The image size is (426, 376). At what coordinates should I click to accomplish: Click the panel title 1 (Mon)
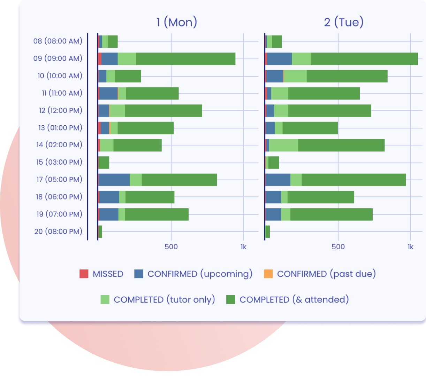(177, 22)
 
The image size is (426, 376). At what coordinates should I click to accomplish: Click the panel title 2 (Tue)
(344, 22)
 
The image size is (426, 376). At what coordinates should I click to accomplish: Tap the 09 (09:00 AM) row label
(58, 58)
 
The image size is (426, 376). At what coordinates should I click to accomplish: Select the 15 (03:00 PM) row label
(59, 162)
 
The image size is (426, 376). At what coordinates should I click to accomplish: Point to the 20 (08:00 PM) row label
(58, 231)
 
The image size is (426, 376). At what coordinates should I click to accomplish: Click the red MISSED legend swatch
(84, 274)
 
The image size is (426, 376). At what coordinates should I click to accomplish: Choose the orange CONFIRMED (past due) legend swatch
(268, 274)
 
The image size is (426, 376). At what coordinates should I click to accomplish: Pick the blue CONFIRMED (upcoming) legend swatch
(139, 274)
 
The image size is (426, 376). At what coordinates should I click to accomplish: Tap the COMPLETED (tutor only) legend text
(164, 300)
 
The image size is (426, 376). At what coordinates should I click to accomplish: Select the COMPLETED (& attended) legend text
(294, 300)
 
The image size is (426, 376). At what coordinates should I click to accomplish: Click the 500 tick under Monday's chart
(171, 247)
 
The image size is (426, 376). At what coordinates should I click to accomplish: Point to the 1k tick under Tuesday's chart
(410, 247)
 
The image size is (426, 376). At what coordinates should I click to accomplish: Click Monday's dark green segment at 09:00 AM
(185, 59)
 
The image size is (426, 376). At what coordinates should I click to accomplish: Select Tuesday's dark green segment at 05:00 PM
(353, 180)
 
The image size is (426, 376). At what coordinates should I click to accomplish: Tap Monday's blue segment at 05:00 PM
(114, 180)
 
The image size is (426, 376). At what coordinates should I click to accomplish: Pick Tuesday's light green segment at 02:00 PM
(283, 145)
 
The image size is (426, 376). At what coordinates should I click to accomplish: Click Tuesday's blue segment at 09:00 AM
(279, 59)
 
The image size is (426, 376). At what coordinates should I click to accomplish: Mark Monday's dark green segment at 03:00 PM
(104, 163)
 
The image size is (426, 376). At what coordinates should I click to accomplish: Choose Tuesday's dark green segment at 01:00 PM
(310, 128)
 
